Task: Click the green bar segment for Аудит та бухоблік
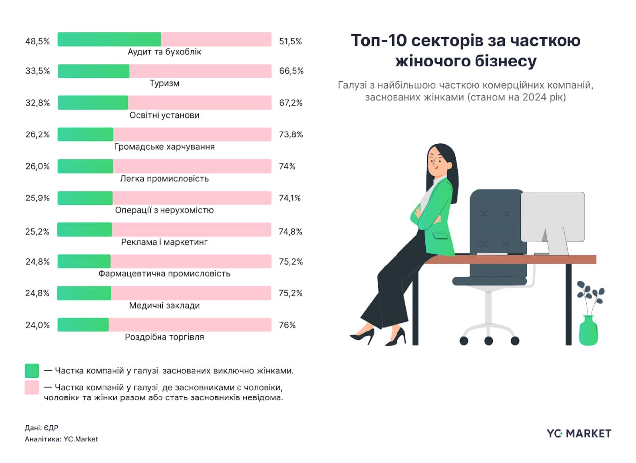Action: (109, 39)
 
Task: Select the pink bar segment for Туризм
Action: (200, 71)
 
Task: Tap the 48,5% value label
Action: (37, 42)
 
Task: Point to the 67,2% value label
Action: (291, 103)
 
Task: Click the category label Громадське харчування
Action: (164, 147)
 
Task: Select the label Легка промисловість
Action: (164, 179)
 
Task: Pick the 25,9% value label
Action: (37, 198)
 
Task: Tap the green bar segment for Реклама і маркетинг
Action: (84, 230)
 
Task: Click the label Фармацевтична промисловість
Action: (164, 274)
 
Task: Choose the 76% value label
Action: (287, 325)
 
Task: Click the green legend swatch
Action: (32, 371)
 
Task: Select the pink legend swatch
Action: (32, 387)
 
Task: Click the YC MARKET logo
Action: (578, 433)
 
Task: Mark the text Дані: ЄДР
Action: (42, 428)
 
